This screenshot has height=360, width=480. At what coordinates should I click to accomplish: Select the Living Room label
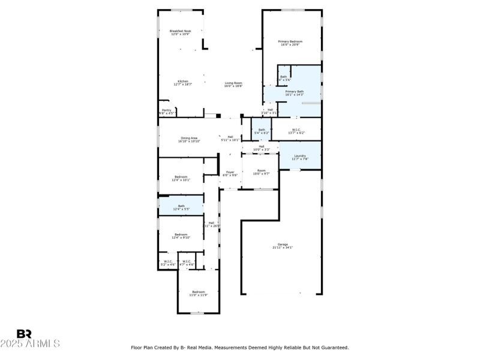coord(233,84)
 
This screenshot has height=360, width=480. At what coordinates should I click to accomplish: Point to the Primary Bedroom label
coord(290,42)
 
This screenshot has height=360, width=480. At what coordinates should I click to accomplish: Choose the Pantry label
coord(166,111)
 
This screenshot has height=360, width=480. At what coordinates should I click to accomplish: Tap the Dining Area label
coord(190,139)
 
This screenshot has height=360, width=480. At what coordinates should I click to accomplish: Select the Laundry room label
coord(299,157)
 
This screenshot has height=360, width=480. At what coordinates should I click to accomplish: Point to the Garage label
coord(282,245)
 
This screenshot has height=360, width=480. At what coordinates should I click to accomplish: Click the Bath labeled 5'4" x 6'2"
coord(262,131)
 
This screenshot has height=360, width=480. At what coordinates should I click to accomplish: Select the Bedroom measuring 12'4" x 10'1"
coord(181,178)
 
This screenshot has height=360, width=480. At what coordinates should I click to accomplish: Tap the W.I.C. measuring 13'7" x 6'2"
coord(296,131)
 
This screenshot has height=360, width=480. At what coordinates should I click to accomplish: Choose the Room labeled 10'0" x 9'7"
coord(261,172)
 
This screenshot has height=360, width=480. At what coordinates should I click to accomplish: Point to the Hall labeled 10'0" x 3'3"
coord(261,148)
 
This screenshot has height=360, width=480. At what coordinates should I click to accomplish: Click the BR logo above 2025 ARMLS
coord(24,334)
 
